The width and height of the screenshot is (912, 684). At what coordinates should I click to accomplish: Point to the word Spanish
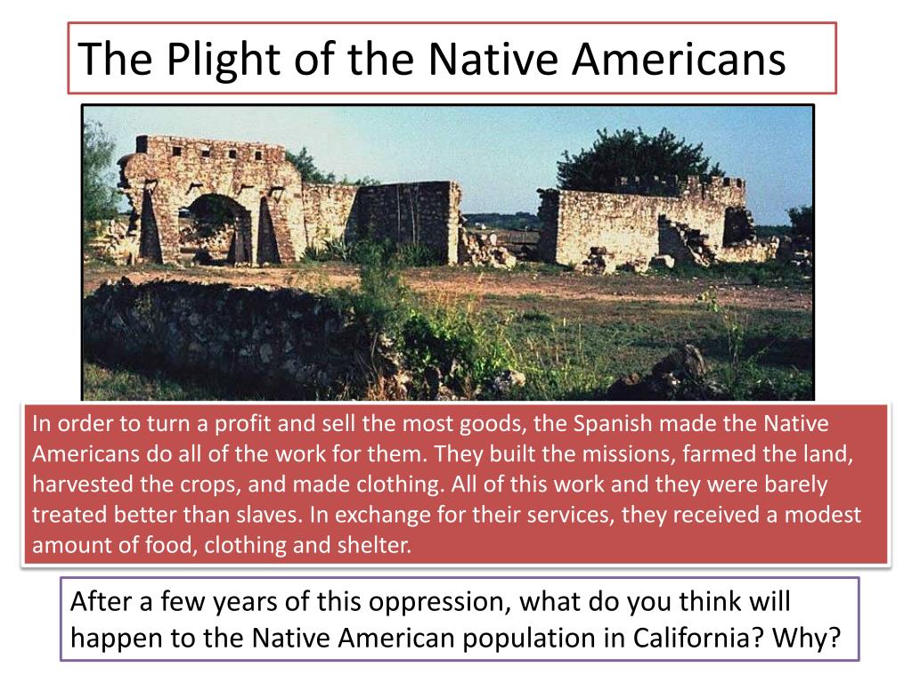tap(615, 424)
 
